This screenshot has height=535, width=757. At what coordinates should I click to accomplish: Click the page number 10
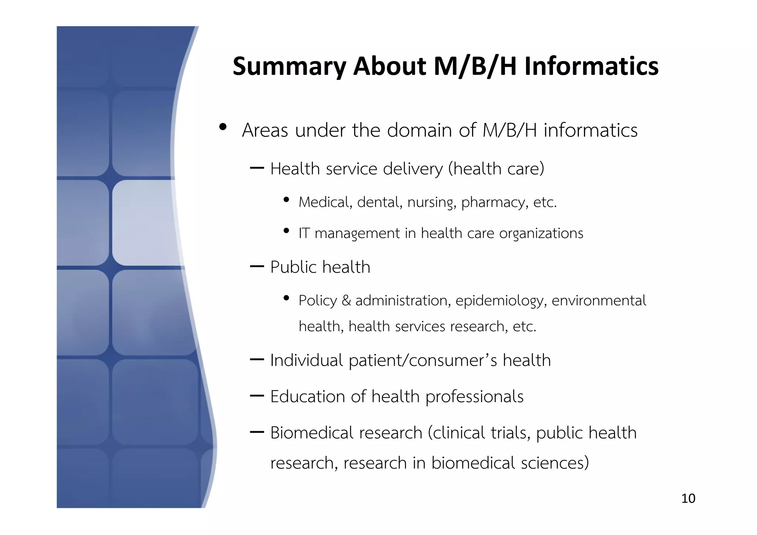tap(688, 498)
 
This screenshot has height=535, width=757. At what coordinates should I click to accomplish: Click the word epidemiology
tap(501, 301)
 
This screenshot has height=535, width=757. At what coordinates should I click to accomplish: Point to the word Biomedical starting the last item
tap(309, 433)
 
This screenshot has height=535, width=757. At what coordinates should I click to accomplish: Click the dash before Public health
tap(257, 266)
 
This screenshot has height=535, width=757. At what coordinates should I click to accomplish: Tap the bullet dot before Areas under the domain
tap(223, 127)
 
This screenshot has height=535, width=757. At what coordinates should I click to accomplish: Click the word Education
tap(308, 396)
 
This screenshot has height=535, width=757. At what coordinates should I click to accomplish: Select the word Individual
tap(306, 360)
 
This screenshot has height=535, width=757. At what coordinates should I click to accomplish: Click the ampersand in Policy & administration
tap(346, 300)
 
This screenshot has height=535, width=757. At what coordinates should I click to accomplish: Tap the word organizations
tap(541, 234)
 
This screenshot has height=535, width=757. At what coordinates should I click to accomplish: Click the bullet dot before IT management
tap(286, 231)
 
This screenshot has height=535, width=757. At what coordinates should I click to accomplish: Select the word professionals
tap(474, 397)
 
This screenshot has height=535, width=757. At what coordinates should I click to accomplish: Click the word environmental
tap(599, 300)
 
